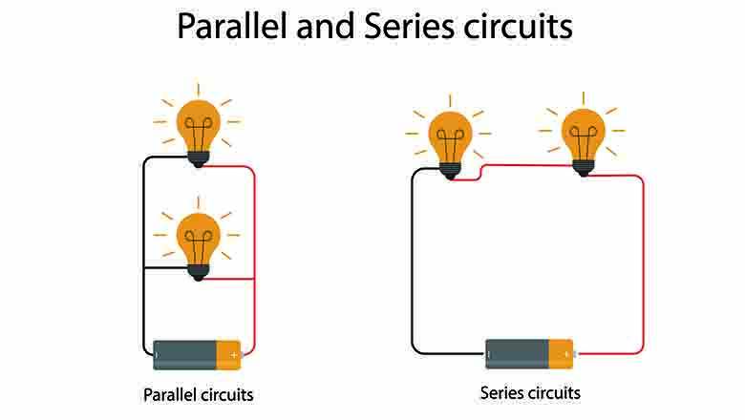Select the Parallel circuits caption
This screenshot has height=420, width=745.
pos(199,394)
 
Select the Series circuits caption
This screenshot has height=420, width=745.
pos(530,392)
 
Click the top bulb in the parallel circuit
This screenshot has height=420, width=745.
pos(199,122)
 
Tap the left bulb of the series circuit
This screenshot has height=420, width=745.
pos(450,135)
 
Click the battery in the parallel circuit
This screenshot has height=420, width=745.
pos(198,355)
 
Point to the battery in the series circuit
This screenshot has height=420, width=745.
pos(529,353)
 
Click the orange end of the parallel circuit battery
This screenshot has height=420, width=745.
pos(228,355)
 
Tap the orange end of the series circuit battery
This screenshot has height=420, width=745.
pos(561,353)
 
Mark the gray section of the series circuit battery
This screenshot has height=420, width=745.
pos(516,353)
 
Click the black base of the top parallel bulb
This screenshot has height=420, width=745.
pos(199,159)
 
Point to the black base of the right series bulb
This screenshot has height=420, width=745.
pos(583,167)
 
